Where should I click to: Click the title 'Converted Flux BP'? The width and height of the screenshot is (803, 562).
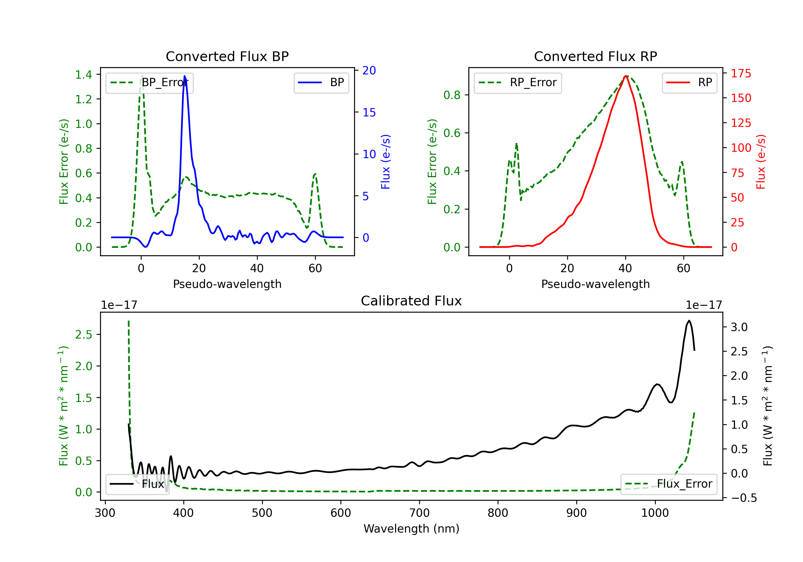click(x=227, y=56)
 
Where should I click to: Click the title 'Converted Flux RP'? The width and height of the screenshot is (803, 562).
click(x=595, y=56)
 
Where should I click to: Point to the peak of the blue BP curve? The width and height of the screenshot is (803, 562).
click(x=185, y=76)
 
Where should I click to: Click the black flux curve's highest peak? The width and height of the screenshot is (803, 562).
click(x=689, y=320)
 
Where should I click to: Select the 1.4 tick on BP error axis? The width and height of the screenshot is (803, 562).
click(x=84, y=74)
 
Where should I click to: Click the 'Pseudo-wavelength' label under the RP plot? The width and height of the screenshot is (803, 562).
click(x=595, y=284)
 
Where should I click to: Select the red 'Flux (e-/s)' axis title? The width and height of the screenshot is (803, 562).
click(x=761, y=162)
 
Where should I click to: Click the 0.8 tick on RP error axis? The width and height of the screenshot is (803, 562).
click(x=452, y=95)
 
